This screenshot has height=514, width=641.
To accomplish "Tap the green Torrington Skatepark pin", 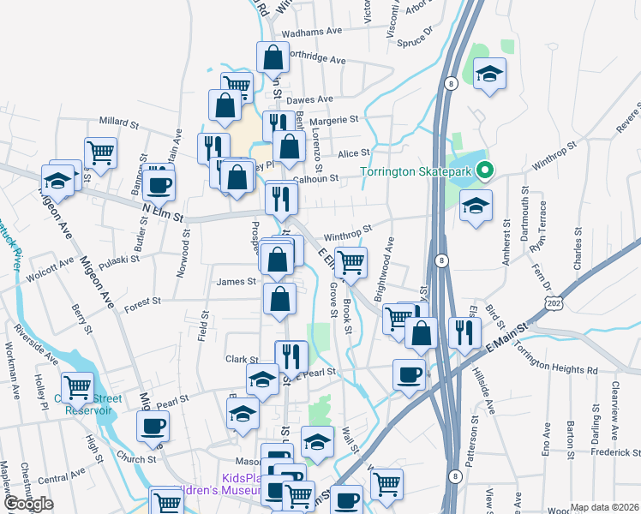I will pos(484,170).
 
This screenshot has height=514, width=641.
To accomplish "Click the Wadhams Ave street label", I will pos(306,33).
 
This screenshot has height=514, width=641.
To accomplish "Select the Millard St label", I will pos(119,123).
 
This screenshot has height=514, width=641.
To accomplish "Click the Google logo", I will pos(28,504).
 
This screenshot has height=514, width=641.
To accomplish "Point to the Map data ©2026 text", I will pos(603,507).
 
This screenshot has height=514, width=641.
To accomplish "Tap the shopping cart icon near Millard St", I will pos(101,152).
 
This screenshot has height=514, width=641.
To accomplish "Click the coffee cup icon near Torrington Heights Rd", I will pos(409,374).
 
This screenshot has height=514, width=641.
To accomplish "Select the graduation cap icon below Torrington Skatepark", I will pos(476,206).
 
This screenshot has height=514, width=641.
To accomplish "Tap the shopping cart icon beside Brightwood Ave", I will pos(350,261).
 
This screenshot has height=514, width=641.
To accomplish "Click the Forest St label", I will pos(142,302).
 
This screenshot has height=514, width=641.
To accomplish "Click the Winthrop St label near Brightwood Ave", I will pos(347,230).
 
